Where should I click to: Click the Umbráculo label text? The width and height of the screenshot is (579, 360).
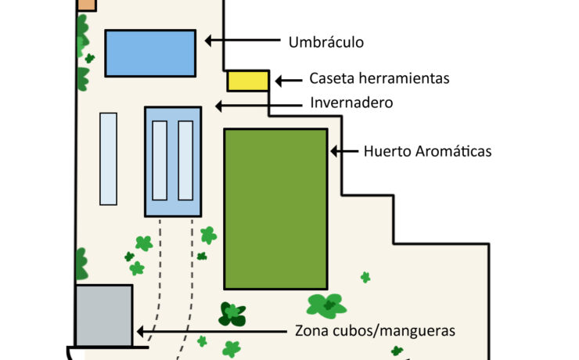pos(325,42)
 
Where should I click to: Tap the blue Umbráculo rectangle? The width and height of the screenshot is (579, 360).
pos(149,53)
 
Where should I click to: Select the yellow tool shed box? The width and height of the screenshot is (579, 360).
pos(248,81)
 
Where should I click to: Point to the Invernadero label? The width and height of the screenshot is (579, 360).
pos(351,103)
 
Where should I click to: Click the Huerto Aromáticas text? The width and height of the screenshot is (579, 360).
pos(427,151)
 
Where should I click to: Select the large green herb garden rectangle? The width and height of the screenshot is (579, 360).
pos(275,209)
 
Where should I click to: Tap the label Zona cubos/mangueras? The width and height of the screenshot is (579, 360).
pos(376,331)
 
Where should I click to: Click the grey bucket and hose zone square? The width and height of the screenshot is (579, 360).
pos(104,315)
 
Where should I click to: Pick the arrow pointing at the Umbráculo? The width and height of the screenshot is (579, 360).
pos(243,39)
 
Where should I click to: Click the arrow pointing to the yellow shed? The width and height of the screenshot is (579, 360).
pos(288,80)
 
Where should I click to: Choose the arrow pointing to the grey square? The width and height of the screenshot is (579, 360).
pos(212,331)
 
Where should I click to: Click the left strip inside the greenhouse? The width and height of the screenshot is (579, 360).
pos(160,160)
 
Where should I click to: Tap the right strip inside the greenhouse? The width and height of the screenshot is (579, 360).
pos(185,160)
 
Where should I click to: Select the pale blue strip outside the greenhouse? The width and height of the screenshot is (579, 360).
pos(109,159)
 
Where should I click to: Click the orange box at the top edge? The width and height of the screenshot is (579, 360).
pos(86,5)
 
